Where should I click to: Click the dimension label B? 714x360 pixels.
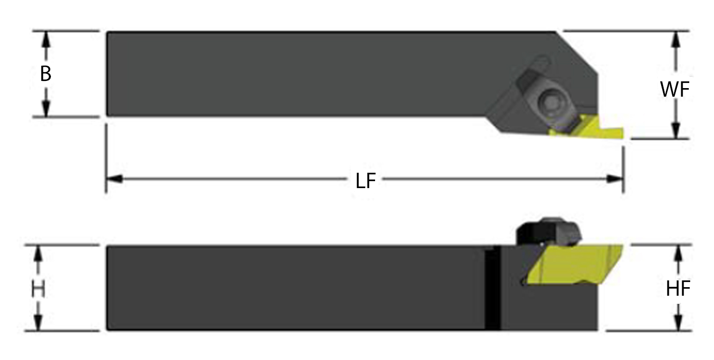point(46,74)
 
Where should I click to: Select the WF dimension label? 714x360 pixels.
point(675,90)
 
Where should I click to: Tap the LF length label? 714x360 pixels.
point(366,180)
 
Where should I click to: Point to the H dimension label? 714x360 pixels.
point(38,289)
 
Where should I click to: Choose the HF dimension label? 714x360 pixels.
point(678,289)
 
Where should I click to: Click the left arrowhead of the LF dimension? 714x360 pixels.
point(114,179)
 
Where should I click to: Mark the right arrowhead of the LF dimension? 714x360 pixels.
point(615,179)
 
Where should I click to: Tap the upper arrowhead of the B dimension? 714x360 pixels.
point(46,40)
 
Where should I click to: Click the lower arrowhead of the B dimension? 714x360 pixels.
point(46,109)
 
